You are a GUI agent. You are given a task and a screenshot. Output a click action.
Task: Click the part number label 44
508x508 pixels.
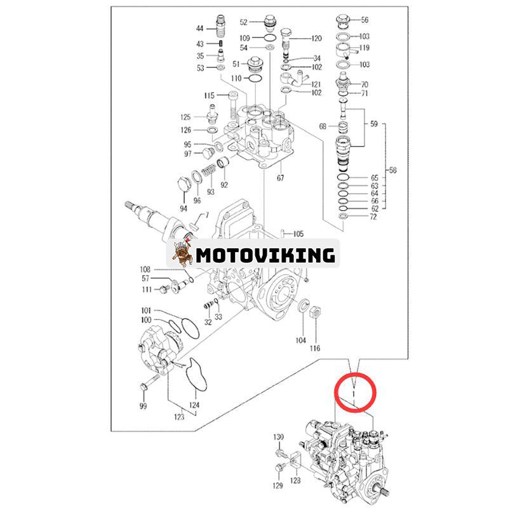[x=199, y=29]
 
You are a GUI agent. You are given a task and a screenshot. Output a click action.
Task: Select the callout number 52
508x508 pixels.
[x=243, y=22]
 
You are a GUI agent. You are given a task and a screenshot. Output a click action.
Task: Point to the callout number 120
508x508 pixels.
[x=316, y=39]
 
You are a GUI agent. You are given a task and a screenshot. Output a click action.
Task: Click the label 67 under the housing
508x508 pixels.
[x=280, y=178]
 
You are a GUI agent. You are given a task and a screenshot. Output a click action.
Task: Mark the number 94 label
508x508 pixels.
[x=184, y=208]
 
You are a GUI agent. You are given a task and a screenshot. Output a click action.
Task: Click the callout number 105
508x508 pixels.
[x=298, y=234]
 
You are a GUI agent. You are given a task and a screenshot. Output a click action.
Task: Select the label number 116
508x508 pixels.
[x=315, y=348]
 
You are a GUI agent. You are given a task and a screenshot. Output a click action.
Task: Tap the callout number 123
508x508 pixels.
[x=180, y=417]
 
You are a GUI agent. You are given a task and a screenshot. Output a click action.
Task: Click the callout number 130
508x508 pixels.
[x=279, y=438]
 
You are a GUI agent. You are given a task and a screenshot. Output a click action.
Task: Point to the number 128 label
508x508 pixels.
[x=296, y=482]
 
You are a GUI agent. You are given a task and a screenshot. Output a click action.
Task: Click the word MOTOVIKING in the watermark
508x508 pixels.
[x=265, y=255]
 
